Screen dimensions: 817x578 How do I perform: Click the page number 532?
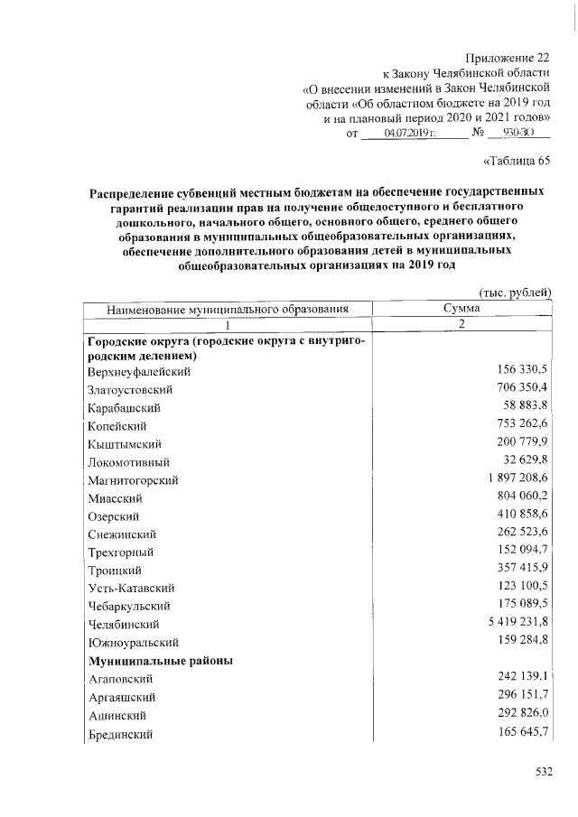click(539, 771)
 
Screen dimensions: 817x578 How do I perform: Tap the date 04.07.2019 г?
click(410, 133)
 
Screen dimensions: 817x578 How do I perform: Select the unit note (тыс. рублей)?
click(513, 292)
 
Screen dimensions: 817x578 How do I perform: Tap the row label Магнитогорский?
click(133, 480)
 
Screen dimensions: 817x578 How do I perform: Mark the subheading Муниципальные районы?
click(161, 661)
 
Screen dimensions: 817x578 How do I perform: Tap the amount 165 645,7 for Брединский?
click(517, 732)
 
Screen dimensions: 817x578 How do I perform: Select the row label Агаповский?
click(119, 679)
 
